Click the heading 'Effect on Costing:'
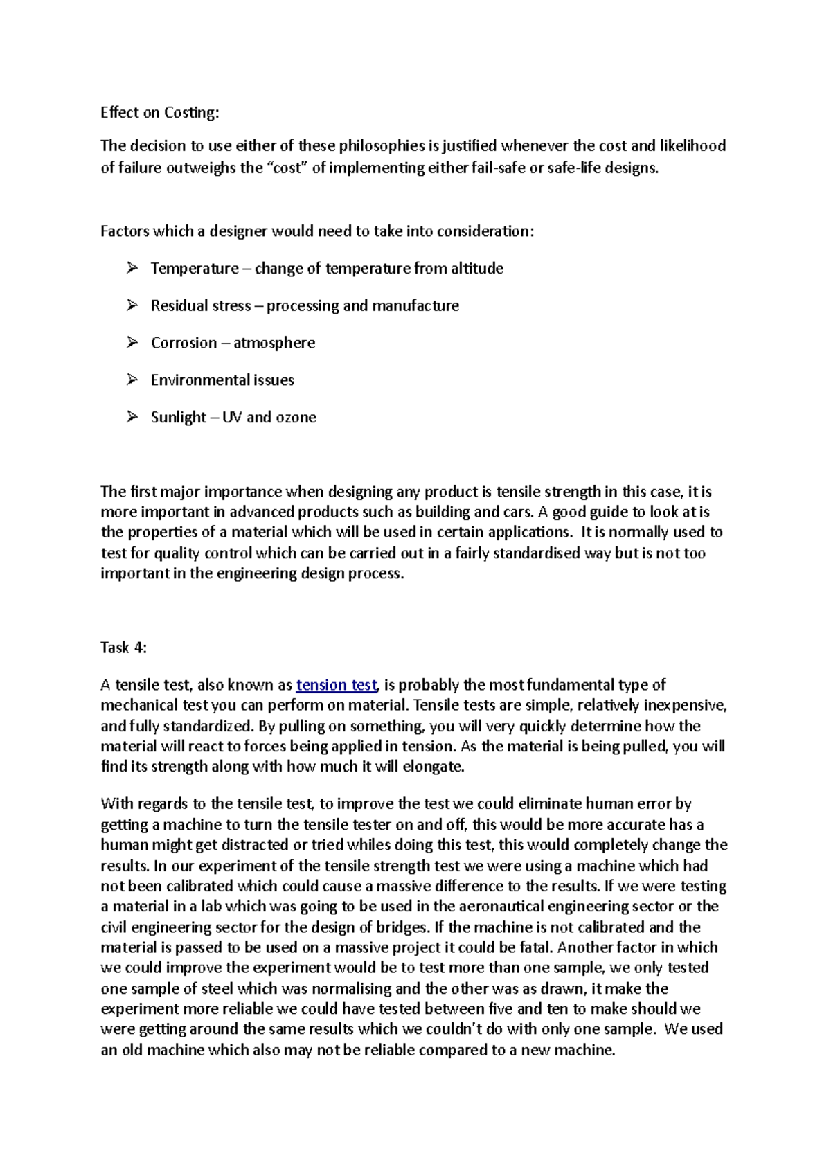[x=159, y=112]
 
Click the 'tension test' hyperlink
[x=337, y=685]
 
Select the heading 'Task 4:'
[x=124, y=648]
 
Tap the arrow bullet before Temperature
[x=132, y=267]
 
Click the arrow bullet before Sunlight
[x=132, y=416]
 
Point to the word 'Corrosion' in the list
[x=184, y=343]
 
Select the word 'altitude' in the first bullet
[x=476, y=268]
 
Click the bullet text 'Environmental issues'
[x=222, y=380]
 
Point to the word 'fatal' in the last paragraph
[x=535, y=947]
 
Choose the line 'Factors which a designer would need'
[x=317, y=231]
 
